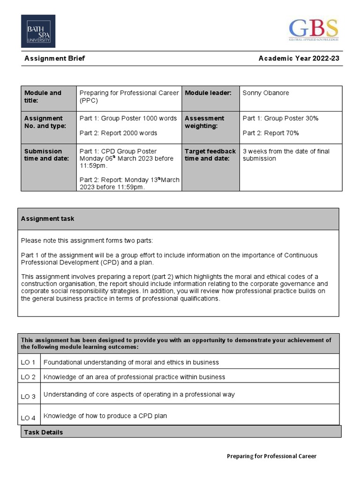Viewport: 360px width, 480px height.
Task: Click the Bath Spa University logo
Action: click(x=38, y=31)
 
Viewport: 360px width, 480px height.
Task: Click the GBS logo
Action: click(x=313, y=29)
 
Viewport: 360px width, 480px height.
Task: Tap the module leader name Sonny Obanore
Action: click(x=265, y=93)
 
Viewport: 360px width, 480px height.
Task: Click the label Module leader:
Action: click(x=208, y=93)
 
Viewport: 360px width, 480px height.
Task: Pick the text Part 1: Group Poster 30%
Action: click(x=280, y=118)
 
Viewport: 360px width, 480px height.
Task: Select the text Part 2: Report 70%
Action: click(x=270, y=133)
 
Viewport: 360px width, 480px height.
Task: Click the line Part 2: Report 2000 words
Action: click(x=118, y=133)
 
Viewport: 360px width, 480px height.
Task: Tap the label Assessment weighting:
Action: click(x=204, y=122)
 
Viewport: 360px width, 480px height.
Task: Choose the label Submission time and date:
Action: click(x=43, y=155)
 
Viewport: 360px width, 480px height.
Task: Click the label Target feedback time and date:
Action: click(x=210, y=155)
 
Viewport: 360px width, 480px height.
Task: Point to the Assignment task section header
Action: click(x=47, y=219)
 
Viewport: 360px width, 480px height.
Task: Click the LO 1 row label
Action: click(x=28, y=362)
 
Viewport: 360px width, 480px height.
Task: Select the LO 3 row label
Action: click(x=28, y=397)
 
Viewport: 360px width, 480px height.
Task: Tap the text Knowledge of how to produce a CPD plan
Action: click(x=105, y=416)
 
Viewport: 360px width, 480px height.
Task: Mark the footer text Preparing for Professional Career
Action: click(x=271, y=456)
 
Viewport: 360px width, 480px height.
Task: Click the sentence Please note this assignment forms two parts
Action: click(x=87, y=241)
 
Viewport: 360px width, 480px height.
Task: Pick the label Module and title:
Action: click(x=43, y=97)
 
